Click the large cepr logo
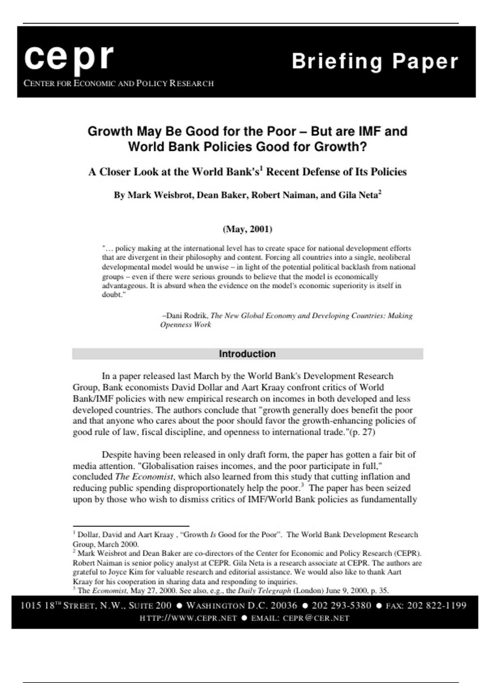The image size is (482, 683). click(x=69, y=58)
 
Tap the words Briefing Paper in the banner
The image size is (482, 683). click(x=375, y=61)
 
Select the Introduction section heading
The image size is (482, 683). click(x=247, y=354)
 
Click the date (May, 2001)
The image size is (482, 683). click(x=247, y=229)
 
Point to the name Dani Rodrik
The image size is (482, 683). click(x=187, y=316)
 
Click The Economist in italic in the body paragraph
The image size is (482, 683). click(x=144, y=477)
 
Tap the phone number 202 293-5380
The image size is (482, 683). click(x=341, y=605)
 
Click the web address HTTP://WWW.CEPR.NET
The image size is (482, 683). click(x=188, y=618)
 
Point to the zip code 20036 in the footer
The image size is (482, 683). click(x=284, y=605)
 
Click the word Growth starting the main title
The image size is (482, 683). click(x=110, y=132)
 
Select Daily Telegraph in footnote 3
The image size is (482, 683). click(x=264, y=591)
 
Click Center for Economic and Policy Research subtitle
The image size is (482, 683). click(x=118, y=84)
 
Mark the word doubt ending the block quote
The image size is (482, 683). click(x=112, y=294)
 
